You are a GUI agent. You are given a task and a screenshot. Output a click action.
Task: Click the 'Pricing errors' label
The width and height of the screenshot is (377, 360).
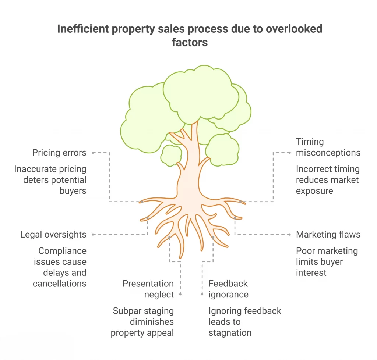pyautogui.click(x=59, y=153)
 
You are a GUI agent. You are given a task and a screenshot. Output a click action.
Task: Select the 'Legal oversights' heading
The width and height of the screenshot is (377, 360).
pyautogui.click(x=53, y=235)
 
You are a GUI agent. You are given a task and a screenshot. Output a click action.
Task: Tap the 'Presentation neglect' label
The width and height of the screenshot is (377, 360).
pyautogui.click(x=148, y=289)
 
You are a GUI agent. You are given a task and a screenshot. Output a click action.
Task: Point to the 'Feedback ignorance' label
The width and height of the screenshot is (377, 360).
pyautogui.click(x=228, y=289)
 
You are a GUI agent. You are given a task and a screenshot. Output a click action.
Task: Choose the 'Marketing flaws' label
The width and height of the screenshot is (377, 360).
pyautogui.click(x=328, y=235)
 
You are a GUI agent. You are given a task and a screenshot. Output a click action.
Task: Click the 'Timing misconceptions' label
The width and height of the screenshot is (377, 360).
pyautogui.click(x=328, y=147)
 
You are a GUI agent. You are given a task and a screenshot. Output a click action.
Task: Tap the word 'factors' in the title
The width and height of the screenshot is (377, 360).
pyautogui.click(x=190, y=43)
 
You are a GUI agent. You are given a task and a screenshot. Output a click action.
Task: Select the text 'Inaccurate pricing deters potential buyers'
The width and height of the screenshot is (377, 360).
pyautogui.click(x=50, y=180)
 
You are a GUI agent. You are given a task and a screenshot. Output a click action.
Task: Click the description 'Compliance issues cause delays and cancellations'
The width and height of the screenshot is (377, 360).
pyautogui.click(x=60, y=267)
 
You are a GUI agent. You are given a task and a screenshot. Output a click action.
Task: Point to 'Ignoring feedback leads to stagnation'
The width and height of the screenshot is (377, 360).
pyautogui.click(x=245, y=322)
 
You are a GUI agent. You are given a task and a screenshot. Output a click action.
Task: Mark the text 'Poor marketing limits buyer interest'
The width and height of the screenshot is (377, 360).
pyautogui.click(x=327, y=262)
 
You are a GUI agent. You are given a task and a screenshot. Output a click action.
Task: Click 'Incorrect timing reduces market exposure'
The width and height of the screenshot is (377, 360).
pyautogui.click(x=328, y=180)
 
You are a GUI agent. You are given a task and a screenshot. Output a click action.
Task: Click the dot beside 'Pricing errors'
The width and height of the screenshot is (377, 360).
pyautogui.click(x=94, y=152)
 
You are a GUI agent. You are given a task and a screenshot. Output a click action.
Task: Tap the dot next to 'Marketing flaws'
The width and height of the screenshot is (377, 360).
pyautogui.click(x=289, y=234)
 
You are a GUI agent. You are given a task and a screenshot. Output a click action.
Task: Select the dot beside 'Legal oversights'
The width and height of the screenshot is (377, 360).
pyautogui.click(x=94, y=234)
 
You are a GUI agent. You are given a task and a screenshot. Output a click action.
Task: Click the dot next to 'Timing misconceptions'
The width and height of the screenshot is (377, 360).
pyautogui.click(x=289, y=152)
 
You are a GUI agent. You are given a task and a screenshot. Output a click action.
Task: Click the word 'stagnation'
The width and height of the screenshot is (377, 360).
pyautogui.click(x=230, y=333)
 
